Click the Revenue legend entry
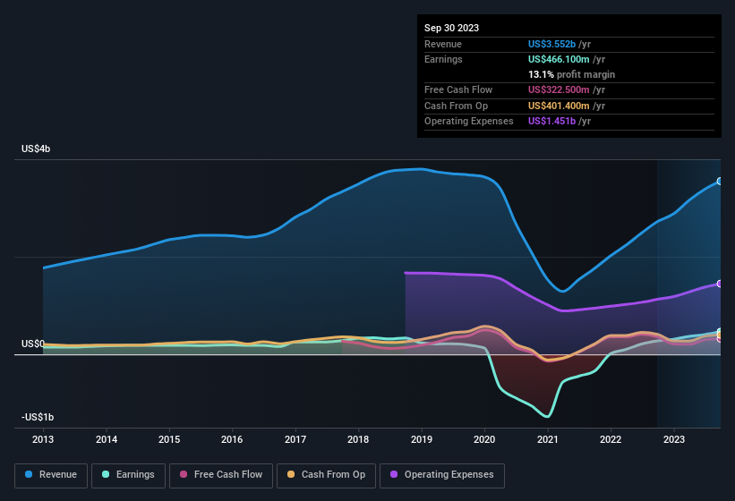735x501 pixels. tap(51, 475)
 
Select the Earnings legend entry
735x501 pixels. tap(128, 475)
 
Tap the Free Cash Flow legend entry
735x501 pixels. tap(221, 475)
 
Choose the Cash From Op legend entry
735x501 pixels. tap(327, 475)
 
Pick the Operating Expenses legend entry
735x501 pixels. tap(441, 475)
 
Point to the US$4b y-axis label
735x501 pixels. tap(36, 149)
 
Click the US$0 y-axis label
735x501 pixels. tap(33, 344)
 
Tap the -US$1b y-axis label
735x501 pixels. tap(37, 418)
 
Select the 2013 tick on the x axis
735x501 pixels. tap(43, 439)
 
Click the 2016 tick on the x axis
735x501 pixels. tap(232, 439)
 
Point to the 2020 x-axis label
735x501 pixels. tap(484, 439)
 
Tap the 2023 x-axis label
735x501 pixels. tap(673, 439)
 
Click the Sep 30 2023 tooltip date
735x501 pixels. tap(451, 28)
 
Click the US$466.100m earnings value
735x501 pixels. tap(559, 59)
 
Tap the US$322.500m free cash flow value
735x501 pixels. tap(559, 89)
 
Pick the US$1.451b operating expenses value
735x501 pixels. tap(551, 121)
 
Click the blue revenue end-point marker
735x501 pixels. tap(720, 182)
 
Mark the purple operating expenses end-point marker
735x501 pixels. tap(720, 284)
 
